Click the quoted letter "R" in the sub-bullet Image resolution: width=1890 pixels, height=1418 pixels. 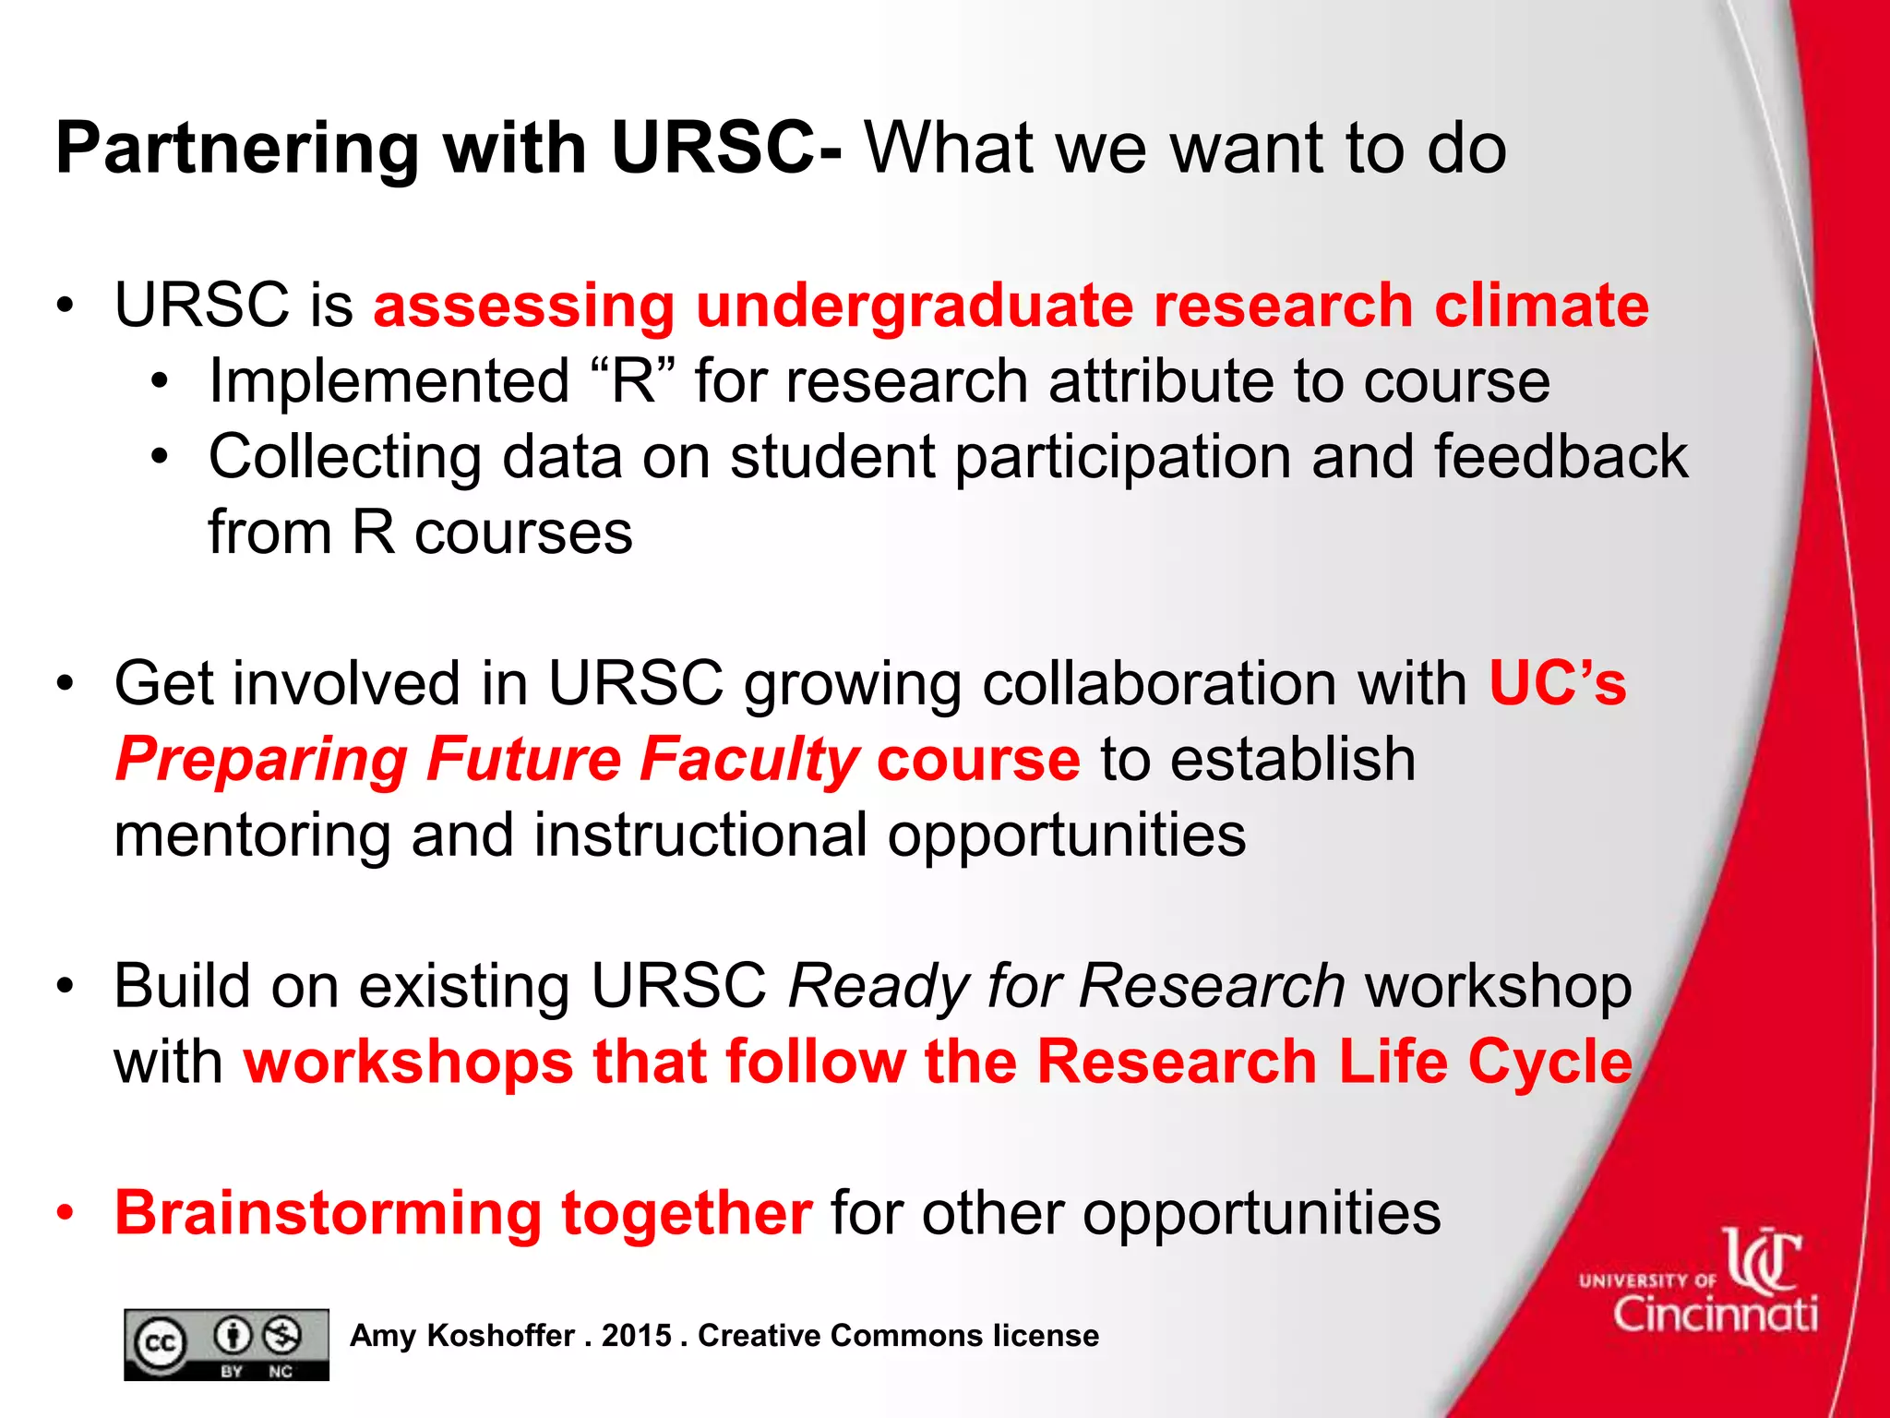coord(633,381)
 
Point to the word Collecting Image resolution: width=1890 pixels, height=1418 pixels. coord(344,458)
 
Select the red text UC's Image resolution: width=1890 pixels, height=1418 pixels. coord(1558,684)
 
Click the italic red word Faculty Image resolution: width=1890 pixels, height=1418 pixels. coord(748,761)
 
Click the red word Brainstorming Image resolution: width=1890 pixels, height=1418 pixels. coord(328,1213)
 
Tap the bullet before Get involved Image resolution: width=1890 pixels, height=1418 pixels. coord(65,684)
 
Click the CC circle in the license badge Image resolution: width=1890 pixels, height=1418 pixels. coord(161,1344)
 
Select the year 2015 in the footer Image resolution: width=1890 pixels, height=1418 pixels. coord(636,1336)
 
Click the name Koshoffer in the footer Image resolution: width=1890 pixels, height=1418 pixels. coord(501,1336)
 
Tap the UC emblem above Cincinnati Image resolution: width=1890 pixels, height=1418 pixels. coord(1763,1260)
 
